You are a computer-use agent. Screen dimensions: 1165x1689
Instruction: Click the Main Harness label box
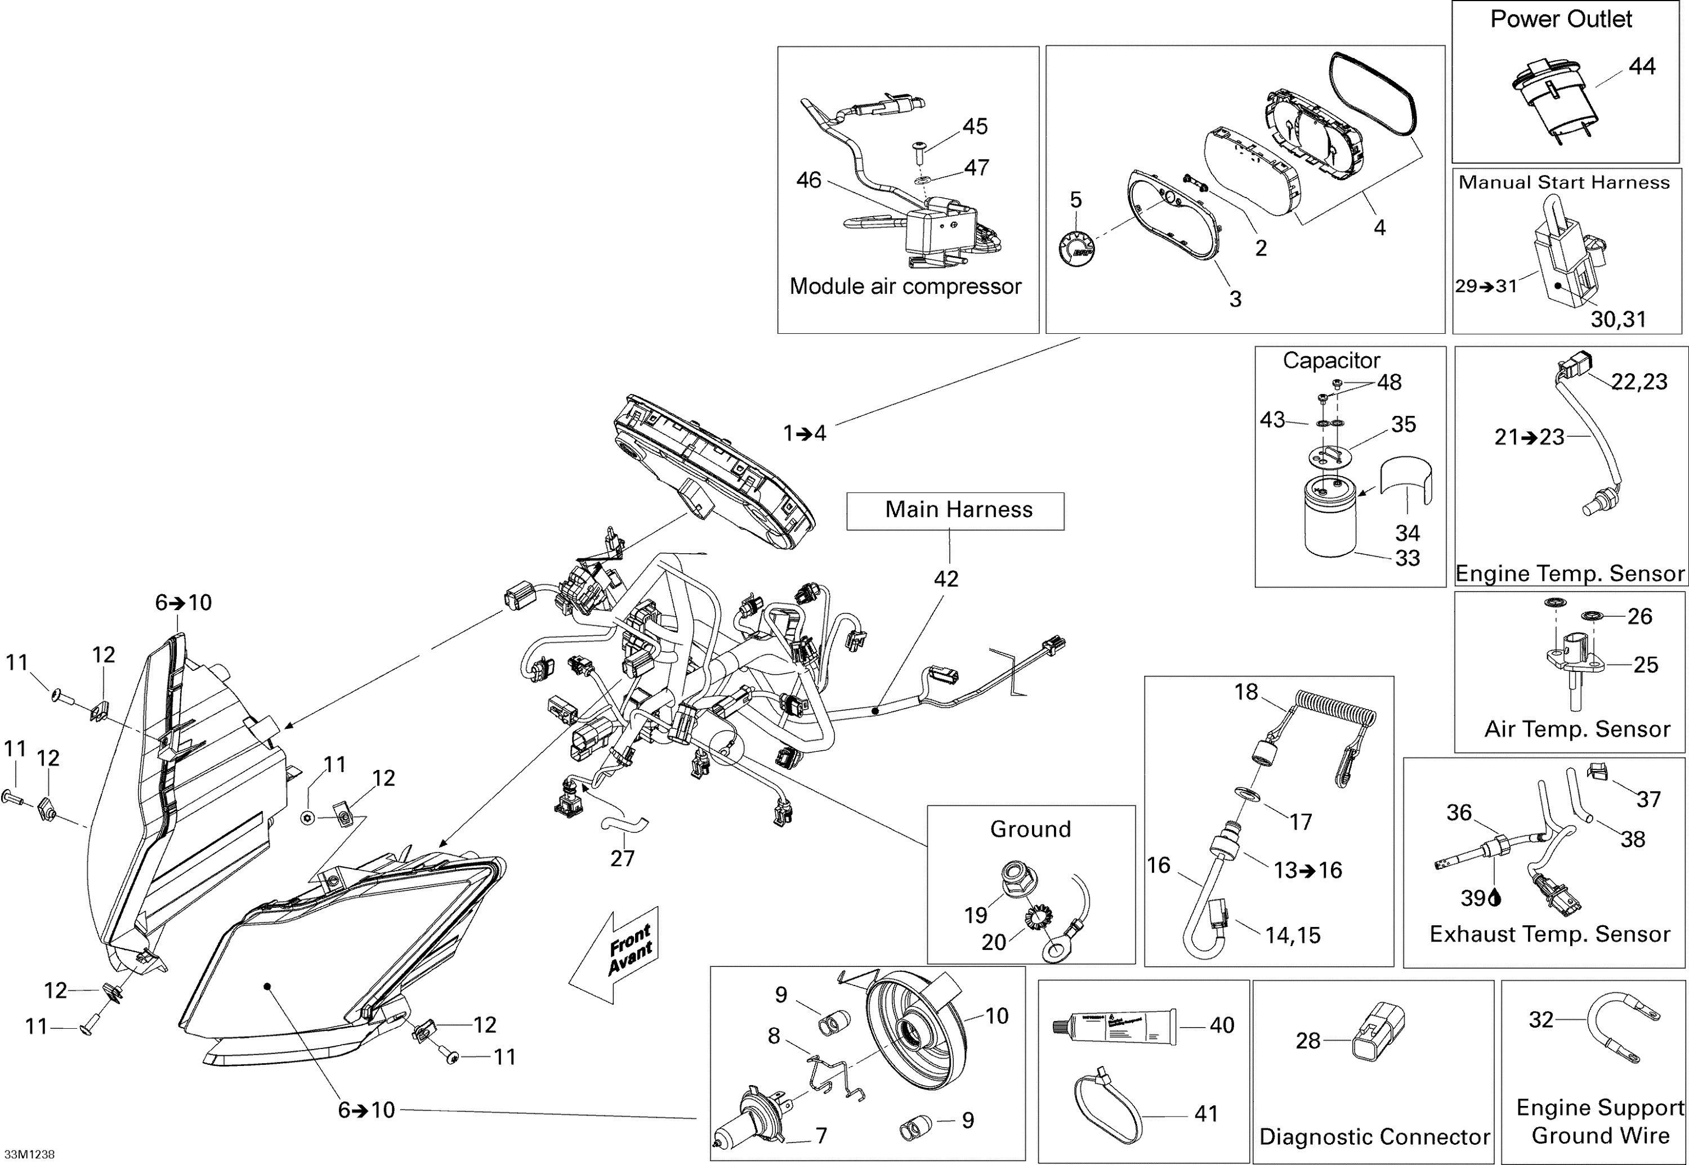click(954, 511)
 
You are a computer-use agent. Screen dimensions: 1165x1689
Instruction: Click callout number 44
click(1642, 66)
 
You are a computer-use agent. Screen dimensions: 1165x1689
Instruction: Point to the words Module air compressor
click(905, 286)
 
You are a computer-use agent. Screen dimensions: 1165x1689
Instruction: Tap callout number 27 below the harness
click(622, 858)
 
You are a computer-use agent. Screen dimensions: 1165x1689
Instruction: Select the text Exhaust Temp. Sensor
click(1549, 934)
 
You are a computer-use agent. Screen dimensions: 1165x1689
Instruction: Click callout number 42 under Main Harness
click(946, 579)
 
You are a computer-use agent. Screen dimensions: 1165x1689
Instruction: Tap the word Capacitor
click(1330, 361)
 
